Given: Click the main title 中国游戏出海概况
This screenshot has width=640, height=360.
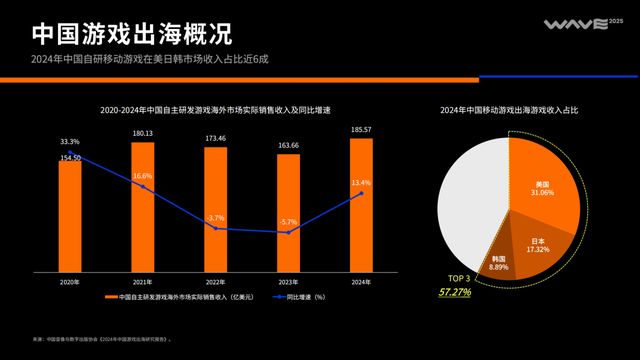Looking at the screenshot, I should (x=131, y=32).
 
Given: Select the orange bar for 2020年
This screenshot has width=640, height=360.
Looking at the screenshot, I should (x=69, y=215).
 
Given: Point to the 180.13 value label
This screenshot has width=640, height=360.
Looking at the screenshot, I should (x=142, y=133).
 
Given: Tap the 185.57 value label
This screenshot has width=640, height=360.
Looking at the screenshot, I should (x=362, y=130).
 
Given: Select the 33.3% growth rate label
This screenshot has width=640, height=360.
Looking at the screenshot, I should (x=69, y=142).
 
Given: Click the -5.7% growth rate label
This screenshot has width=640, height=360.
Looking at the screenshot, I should (x=288, y=221).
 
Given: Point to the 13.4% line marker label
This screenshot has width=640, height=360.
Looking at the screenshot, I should (x=362, y=183).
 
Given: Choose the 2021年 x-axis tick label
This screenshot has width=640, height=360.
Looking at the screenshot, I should (x=142, y=282).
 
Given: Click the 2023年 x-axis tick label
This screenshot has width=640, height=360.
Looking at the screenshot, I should (x=289, y=282).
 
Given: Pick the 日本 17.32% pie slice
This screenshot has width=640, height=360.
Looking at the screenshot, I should (x=536, y=244).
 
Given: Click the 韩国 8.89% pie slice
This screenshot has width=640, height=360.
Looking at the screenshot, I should (x=499, y=261).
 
